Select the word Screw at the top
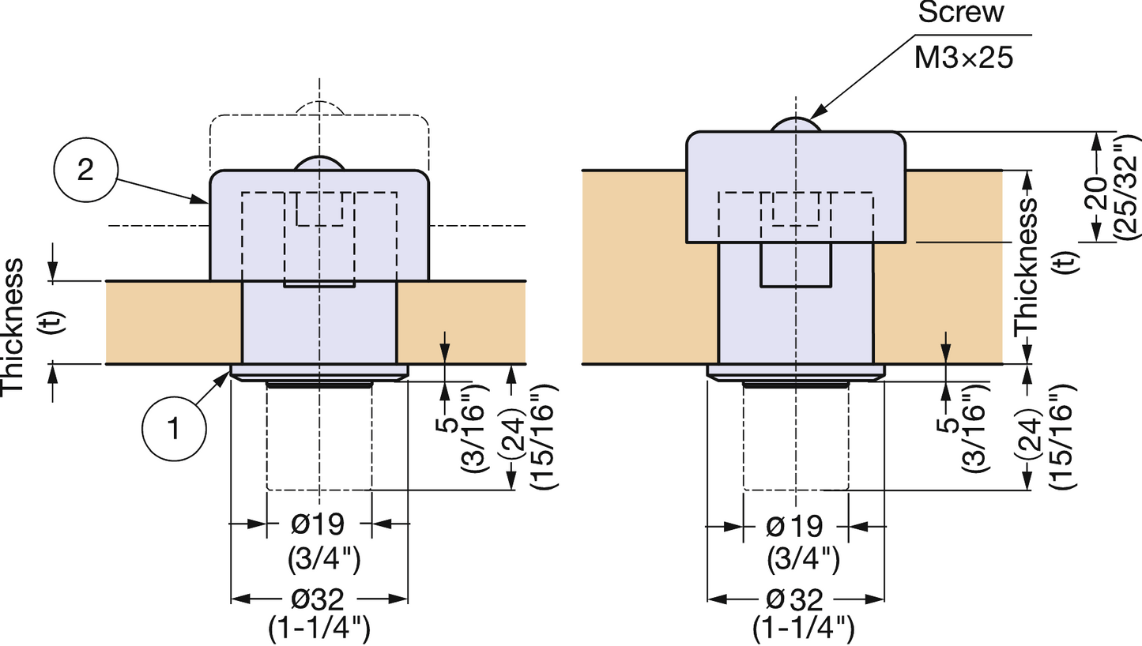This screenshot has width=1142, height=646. pyautogui.click(x=960, y=13)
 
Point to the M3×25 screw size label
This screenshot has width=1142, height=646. pyautogui.click(x=963, y=58)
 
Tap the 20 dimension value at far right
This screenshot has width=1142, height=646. pyautogui.click(x=1095, y=192)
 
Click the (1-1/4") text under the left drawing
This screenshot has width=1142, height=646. pyautogui.click(x=319, y=630)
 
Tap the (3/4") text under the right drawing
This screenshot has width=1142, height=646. pyautogui.click(x=803, y=559)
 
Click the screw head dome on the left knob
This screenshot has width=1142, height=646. pyautogui.click(x=318, y=162)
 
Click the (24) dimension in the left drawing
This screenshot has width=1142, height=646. pyautogui.click(x=515, y=432)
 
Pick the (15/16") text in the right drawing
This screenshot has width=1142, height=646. pyautogui.click(x=1061, y=435)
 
